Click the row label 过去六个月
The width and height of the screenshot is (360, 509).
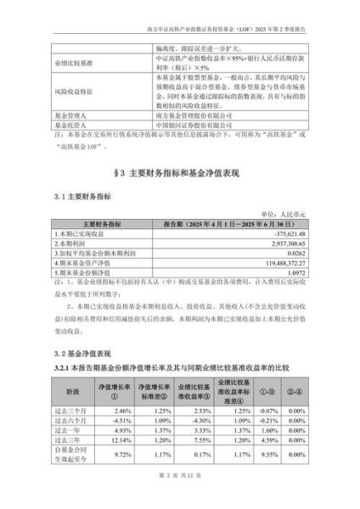72,420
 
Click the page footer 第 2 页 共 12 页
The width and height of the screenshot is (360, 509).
180,491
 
